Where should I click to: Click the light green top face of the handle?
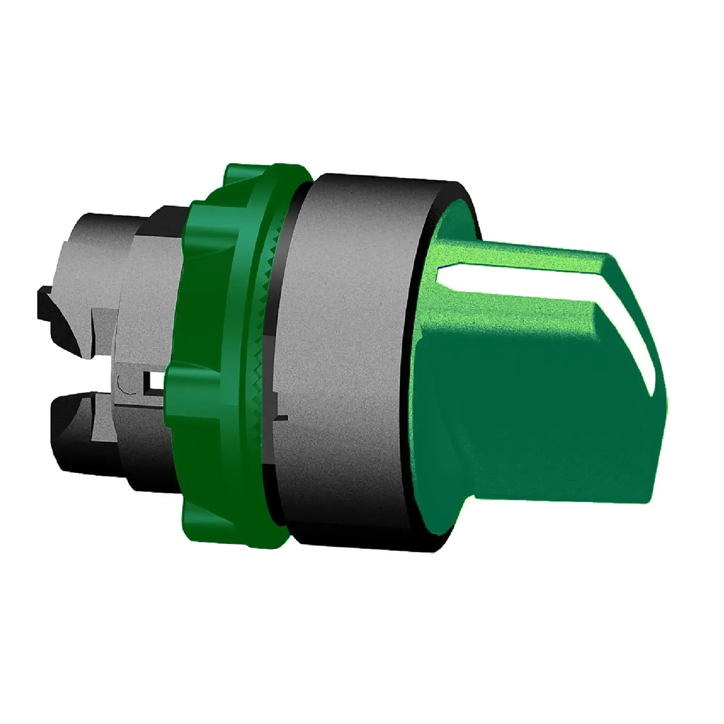pos(525,255)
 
